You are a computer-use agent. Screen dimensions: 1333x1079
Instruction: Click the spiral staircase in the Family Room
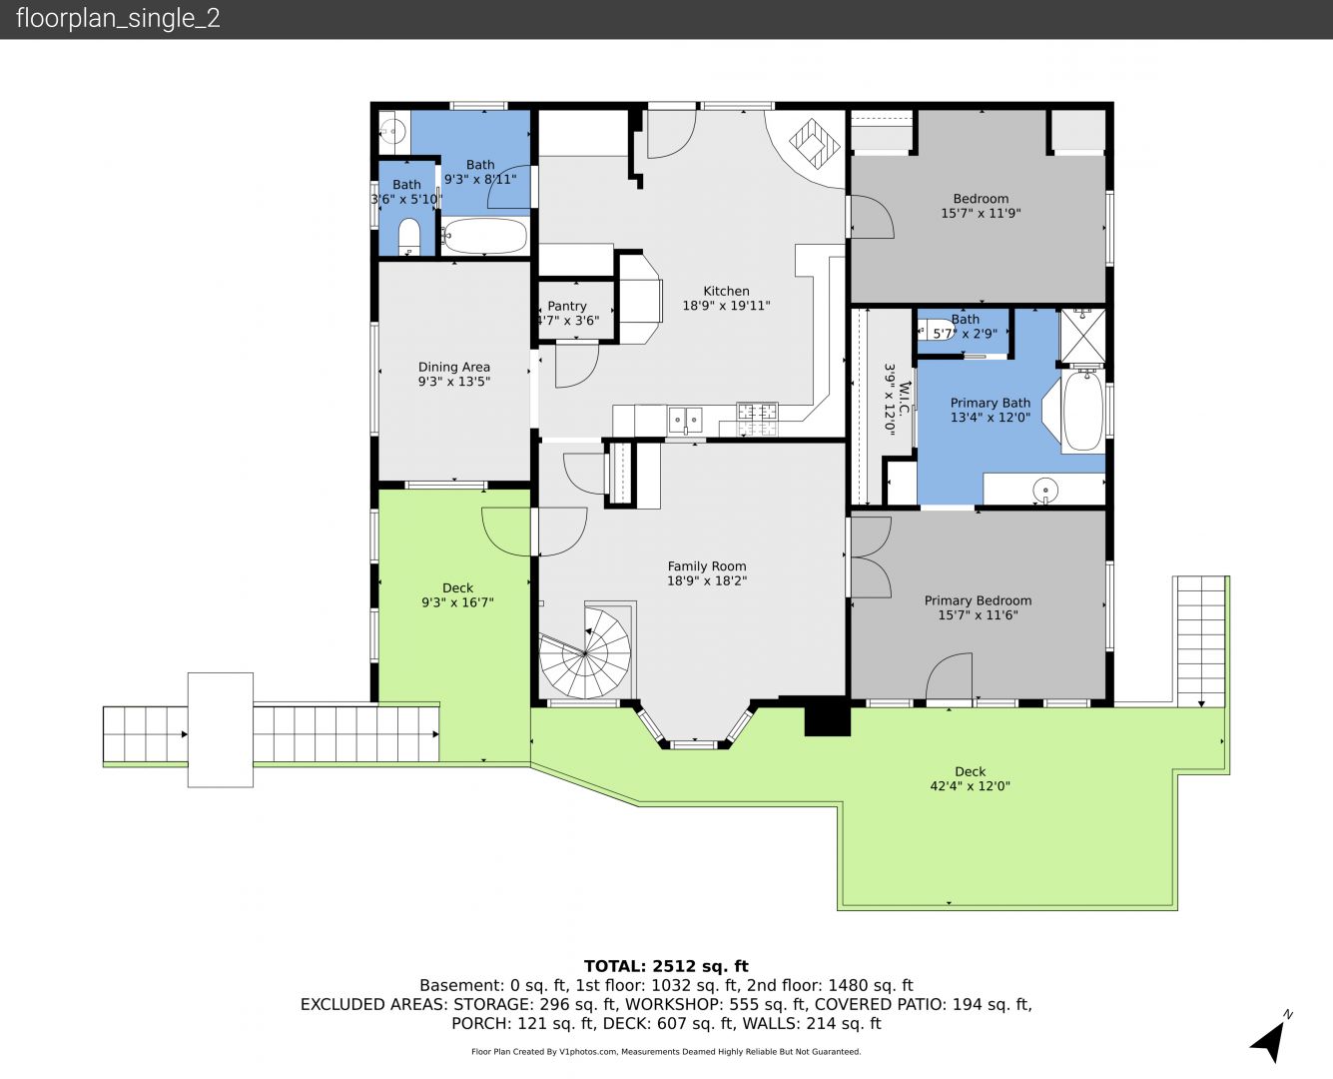pyautogui.click(x=585, y=652)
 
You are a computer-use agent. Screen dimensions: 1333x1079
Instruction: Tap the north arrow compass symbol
pyautogui.click(x=1270, y=1041)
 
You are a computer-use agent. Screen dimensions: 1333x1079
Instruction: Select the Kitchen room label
pyautogui.click(x=726, y=291)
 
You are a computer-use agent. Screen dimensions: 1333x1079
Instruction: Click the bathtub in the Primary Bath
pyautogui.click(x=1083, y=411)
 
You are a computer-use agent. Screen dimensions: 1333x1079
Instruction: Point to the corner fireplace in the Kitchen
pyautogui.click(x=814, y=144)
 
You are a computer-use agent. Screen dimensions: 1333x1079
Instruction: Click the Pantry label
pyautogui.click(x=567, y=307)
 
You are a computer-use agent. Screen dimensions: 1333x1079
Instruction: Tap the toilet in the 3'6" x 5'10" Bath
pyautogui.click(x=409, y=235)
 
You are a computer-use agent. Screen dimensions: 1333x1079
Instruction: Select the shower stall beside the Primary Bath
pyautogui.click(x=1083, y=336)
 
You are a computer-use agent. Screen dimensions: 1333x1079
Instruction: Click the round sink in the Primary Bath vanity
pyautogui.click(x=1045, y=490)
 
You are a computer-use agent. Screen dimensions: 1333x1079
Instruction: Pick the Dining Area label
pyautogui.click(x=453, y=367)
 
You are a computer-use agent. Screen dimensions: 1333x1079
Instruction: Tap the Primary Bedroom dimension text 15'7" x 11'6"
pyautogui.click(x=978, y=615)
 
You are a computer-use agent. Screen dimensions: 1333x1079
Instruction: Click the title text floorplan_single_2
pyautogui.click(x=118, y=19)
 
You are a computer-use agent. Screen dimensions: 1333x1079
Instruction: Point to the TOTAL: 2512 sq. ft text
pyautogui.click(x=666, y=966)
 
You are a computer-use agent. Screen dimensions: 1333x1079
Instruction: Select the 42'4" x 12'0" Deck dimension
pyautogui.click(x=970, y=786)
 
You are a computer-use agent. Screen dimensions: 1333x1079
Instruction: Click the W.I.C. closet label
pyautogui.click(x=904, y=399)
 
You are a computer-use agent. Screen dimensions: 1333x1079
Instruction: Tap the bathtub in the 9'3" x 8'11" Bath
pyautogui.click(x=485, y=236)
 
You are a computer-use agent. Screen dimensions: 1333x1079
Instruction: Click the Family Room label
pyautogui.click(x=707, y=566)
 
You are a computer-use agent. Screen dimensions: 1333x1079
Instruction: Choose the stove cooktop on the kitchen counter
pyautogui.click(x=757, y=419)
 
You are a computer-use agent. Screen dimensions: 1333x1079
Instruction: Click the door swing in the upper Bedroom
pyautogui.click(x=871, y=217)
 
